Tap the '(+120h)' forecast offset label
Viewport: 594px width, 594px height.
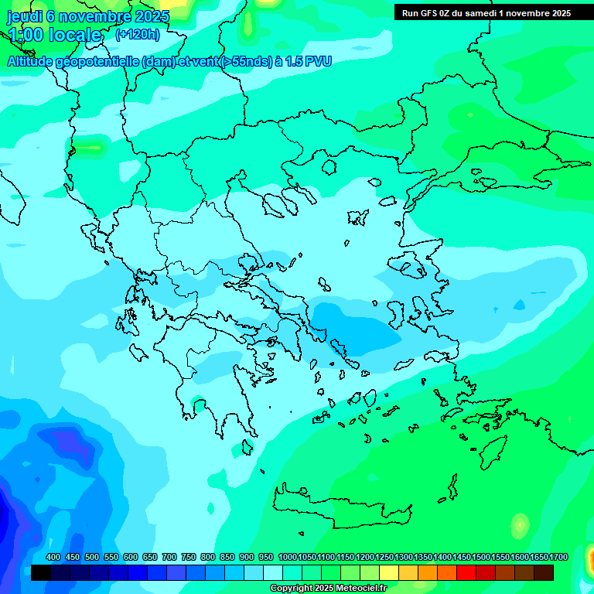pyautogui.click(x=137, y=35)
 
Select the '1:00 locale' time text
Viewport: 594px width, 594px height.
pyautogui.click(x=54, y=35)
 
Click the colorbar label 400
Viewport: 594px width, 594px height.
pyautogui.click(x=53, y=558)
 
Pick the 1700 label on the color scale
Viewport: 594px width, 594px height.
pyautogui.click(x=558, y=558)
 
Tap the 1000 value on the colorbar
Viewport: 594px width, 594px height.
pyautogui.click(x=288, y=558)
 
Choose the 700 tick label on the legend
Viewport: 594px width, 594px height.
pyautogui.click(x=169, y=558)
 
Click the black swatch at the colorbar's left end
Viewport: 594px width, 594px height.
pyautogui.click(x=41, y=572)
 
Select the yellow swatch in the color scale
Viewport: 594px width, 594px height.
pyautogui.click(x=389, y=572)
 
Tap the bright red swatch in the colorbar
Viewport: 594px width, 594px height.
pyautogui.click(x=466, y=572)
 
